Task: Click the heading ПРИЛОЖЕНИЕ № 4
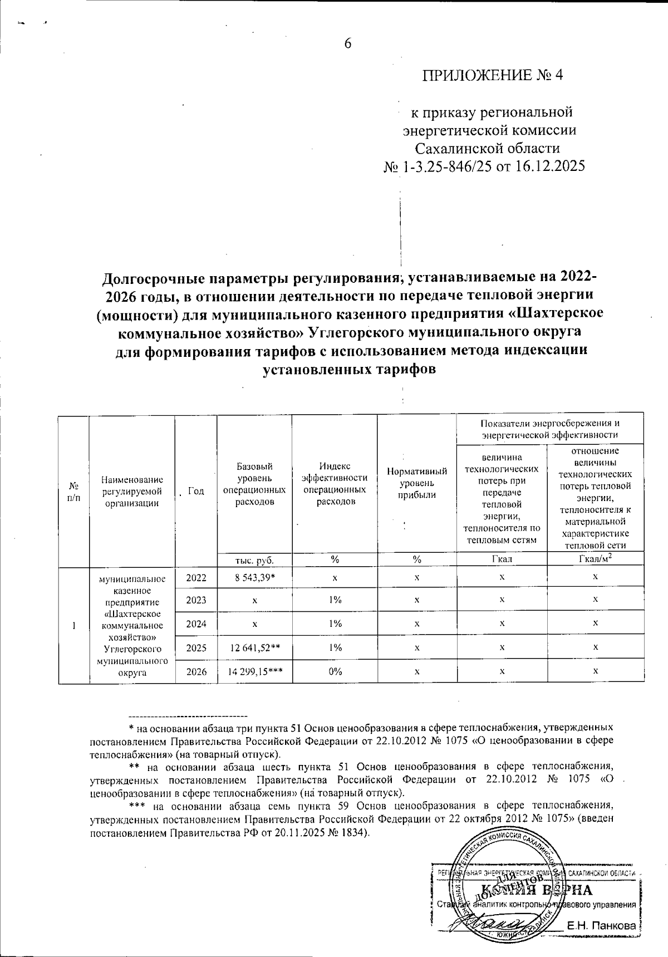493,76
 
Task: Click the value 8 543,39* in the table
254,577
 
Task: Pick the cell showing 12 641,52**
254,647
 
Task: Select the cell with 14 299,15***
254,671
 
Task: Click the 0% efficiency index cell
334,671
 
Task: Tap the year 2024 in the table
196,624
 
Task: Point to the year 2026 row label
196,671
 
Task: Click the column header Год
195,491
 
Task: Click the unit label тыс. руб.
254,560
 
